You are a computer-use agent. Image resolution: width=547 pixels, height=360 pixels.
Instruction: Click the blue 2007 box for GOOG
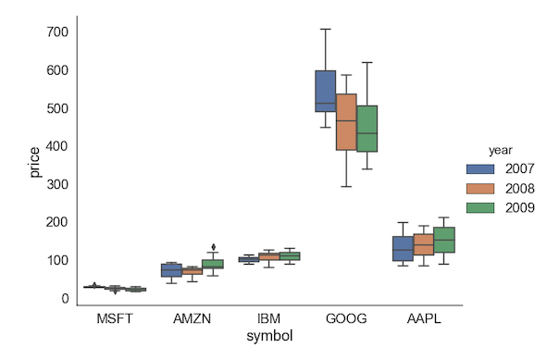[x=326, y=91]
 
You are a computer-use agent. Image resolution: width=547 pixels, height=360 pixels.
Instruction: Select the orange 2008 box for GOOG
[x=346, y=121]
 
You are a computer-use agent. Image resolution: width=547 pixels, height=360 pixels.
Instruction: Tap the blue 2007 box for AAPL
[x=403, y=248]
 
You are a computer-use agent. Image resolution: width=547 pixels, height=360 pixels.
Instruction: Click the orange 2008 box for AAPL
[x=423, y=245]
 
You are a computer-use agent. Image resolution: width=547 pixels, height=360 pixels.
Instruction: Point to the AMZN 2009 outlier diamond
[x=214, y=247]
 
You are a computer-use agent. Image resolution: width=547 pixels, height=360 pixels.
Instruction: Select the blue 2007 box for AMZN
[x=171, y=269]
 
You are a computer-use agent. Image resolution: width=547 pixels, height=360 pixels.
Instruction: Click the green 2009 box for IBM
[x=290, y=256]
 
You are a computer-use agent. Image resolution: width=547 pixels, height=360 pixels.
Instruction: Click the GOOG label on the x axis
[x=346, y=318]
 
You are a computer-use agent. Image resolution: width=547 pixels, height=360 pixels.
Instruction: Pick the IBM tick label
[x=269, y=318]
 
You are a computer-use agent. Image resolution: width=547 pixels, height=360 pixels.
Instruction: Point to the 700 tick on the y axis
[x=57, y=32]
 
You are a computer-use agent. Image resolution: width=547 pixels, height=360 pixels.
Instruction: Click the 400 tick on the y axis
[x=57, y=146]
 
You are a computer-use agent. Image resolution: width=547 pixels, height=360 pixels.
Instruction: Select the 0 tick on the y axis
[x=65, y=298]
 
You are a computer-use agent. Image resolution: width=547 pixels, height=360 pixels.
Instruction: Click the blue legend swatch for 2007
[x=479, y=169]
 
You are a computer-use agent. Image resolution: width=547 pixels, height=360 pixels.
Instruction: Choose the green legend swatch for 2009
[x=479, y=208]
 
